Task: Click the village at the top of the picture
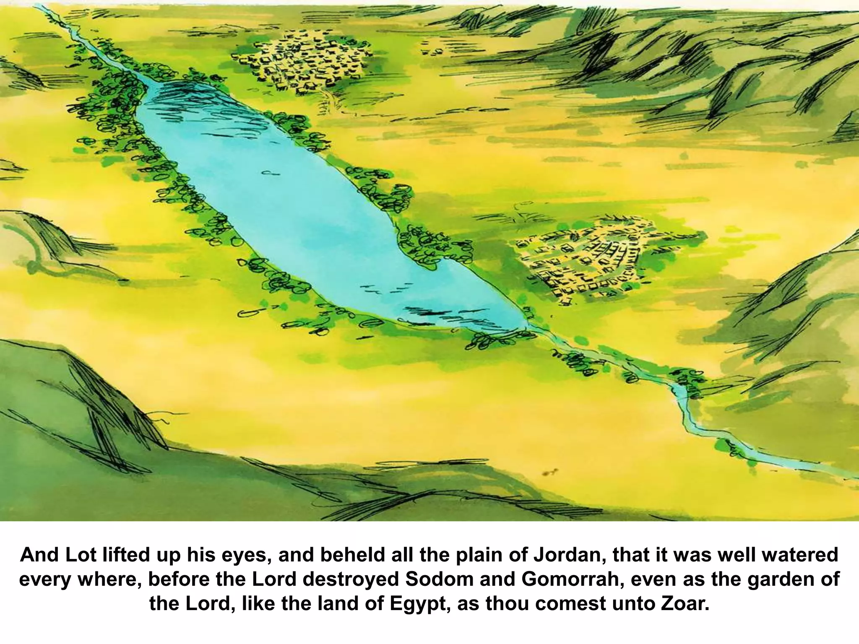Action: coord(301,63)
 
